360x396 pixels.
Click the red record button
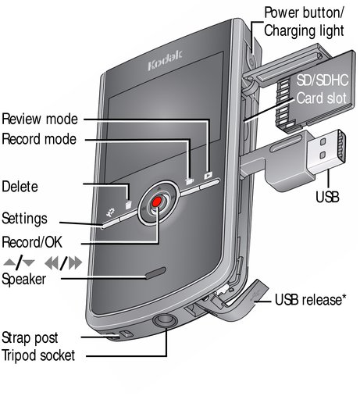157,202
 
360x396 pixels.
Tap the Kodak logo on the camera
165,60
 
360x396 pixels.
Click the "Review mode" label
40,120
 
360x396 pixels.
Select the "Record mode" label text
39,139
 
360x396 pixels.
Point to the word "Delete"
20,187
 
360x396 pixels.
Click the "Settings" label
24,219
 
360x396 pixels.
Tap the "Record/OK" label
32,242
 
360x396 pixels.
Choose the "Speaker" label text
24,280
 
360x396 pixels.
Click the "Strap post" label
30,338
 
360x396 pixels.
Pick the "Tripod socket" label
38,355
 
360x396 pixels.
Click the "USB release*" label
311,300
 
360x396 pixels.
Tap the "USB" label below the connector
327,197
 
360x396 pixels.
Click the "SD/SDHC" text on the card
323,80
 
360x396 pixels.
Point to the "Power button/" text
304,13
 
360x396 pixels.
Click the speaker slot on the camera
156,273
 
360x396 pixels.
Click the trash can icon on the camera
129,205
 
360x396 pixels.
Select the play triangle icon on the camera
209,175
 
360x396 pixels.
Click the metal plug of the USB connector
326,151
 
